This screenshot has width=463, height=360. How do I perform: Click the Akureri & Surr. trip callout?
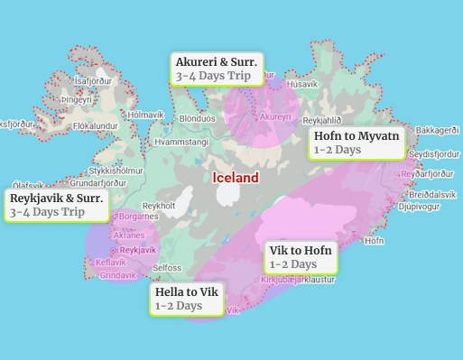click(217, 69)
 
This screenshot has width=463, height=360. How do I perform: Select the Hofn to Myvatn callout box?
click(356, 143)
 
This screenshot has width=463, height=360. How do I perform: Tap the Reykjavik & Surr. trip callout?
click(57, 205)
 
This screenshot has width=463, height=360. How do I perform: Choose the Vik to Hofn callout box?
click(301, 257)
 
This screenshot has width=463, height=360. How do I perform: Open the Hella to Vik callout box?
click(187, 299)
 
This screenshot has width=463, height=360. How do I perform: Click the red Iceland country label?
click(236, 178)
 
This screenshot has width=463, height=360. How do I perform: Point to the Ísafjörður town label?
click(93, 80)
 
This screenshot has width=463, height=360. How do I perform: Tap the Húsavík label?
click(301, 84)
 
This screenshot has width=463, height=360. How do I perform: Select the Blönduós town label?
click(198, 118)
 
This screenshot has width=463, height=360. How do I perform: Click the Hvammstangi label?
click(181, 143)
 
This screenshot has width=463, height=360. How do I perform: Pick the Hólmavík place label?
click(146, 115)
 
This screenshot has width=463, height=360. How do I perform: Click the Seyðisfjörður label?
click(427, 153)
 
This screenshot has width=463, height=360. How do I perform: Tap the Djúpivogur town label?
click(418, 206)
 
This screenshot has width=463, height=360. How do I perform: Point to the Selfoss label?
click(167, 268)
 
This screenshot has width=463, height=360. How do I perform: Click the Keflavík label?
click(111, 263)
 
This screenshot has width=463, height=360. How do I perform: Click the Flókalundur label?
click(96, 126)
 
